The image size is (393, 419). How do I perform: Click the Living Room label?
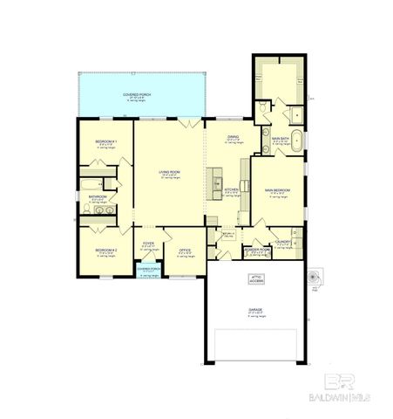(169, 172)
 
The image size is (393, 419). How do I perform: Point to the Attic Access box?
(257, 279)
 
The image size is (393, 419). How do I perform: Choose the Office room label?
(185, 251)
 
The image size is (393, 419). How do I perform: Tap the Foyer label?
(148, 244)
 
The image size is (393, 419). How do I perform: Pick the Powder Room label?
(256, 249)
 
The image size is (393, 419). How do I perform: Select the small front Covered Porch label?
(148, 269)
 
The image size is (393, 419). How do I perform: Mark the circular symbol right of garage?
(315, 278)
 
